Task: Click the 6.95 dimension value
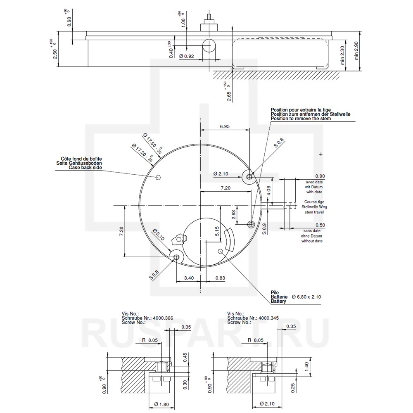coord(225,126)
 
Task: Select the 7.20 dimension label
coord(225,188)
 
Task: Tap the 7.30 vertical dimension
coord(121,231)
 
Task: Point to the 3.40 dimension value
coord(189,278)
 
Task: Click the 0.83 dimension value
coord(220,278)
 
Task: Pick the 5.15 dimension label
coord(217,231)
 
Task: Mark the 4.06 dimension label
coord(269,190)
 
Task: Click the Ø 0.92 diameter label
coord(187,56)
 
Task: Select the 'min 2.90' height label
coord(356,50)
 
